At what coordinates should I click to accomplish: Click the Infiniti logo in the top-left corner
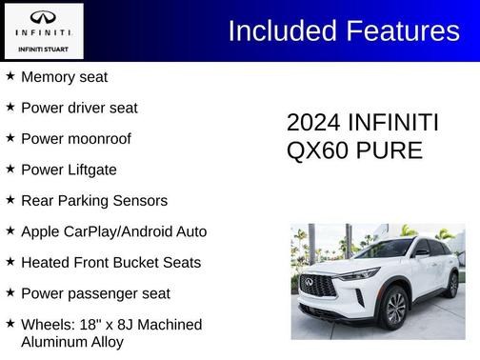[x=44, y=19]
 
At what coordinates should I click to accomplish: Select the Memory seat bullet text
[x=64, y=77]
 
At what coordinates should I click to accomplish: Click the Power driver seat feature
[x=79, y=108]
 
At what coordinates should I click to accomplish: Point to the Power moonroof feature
[x=76, y=139]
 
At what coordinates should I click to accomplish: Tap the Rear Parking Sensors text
[x=94, y=201]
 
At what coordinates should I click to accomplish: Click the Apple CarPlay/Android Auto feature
[x=113, y=231]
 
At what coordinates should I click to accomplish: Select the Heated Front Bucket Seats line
[x=110, y=262]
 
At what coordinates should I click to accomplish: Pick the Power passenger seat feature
[x=95, y=293]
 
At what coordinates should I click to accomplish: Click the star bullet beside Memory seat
[x=10, y=76]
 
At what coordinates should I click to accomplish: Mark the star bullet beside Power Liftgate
[x=10, y=169]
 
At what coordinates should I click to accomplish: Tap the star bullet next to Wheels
[x=10, y=323]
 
